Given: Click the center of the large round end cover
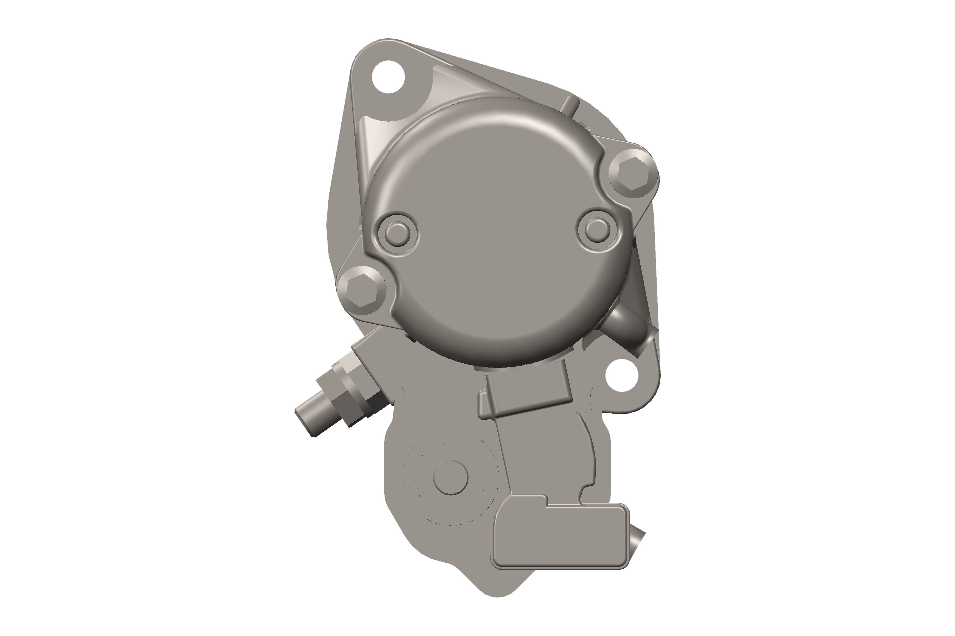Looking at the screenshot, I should tap(497, 231).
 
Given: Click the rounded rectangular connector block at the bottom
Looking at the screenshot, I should tap(560, 537).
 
